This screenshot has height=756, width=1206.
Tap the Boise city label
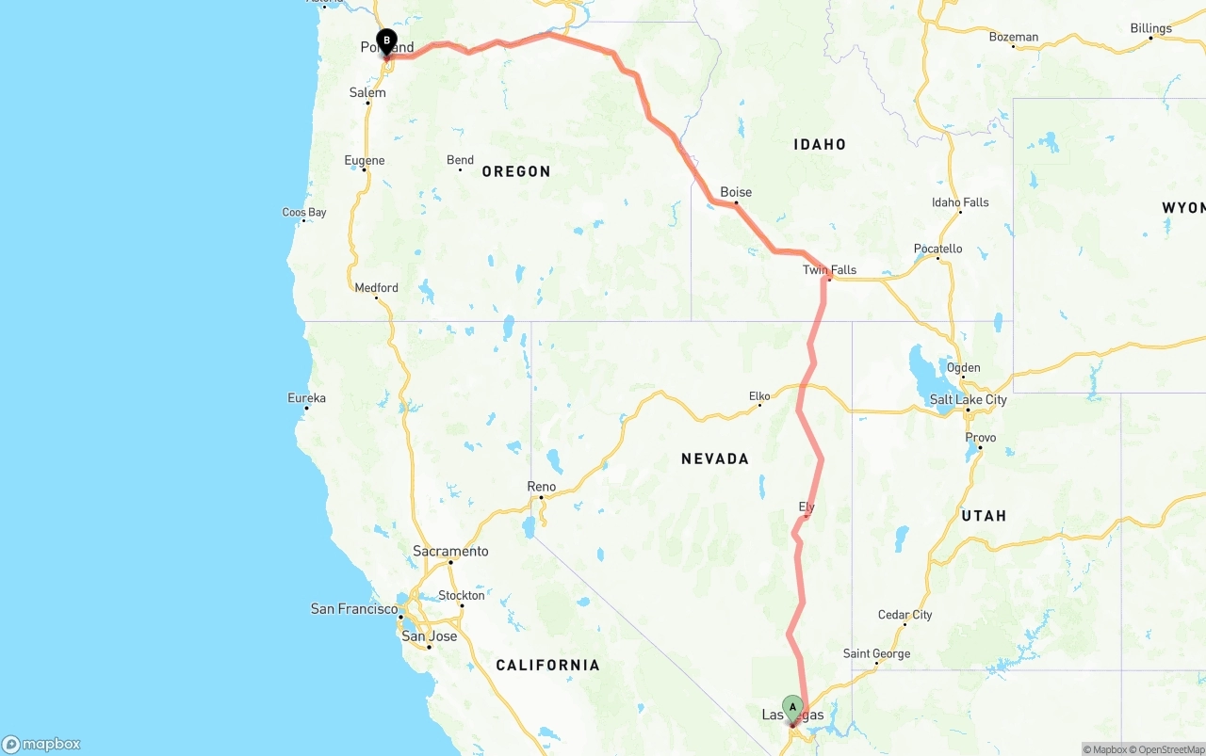tap(736, 192)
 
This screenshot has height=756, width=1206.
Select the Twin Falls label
tap(829, 270)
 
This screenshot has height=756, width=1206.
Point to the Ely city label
tap(807, 507)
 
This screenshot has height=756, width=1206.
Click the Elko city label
tap(759, 396)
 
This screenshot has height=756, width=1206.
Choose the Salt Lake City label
tap(968, 400)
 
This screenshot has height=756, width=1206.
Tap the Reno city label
tap(541, 487)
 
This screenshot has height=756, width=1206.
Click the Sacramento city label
tap(450, 551)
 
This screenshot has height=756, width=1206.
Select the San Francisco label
tap(354, 609)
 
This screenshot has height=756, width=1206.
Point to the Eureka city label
tap(306, 398)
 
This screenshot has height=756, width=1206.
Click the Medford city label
tap(376, 288)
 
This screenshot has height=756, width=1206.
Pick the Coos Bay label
tap(304, 213)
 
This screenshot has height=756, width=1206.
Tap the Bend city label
tap(460, 160)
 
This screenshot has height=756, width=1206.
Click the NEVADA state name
tap(715, 459)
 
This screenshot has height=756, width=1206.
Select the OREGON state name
tap(516, 171)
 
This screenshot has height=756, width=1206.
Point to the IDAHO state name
tap(820, 144)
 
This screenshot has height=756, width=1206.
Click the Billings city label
tap(1151, 28)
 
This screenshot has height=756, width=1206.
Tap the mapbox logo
tap(41, 744)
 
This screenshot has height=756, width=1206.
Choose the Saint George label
tap(876, 653)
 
